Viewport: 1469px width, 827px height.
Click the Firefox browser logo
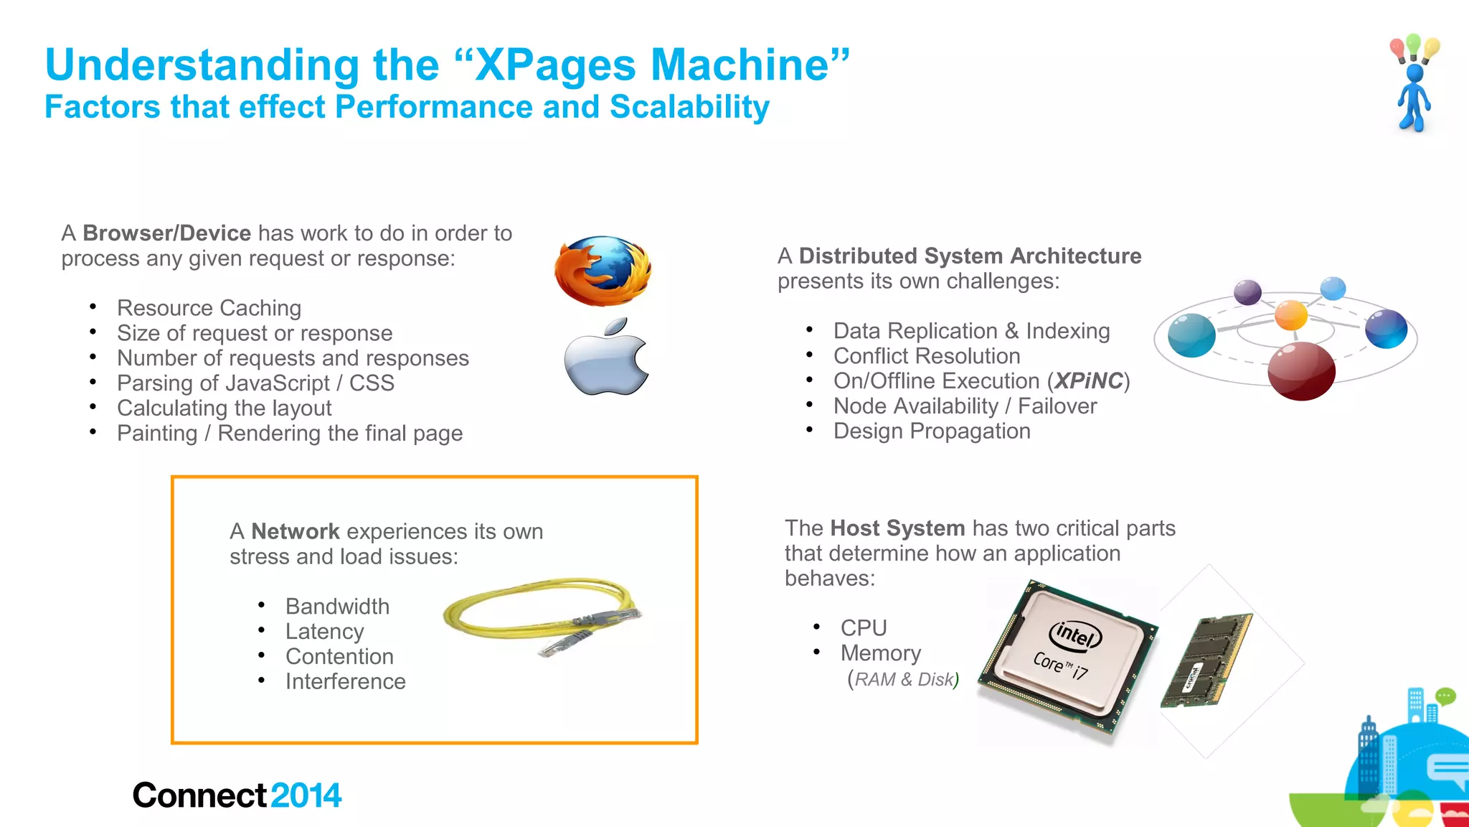[603, 271]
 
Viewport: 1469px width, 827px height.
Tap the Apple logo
[606, 358]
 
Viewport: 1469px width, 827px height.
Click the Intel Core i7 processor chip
[1067, 655]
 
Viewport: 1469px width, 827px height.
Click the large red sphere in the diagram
[1301, 370]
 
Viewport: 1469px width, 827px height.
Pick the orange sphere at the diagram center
[1290, 314]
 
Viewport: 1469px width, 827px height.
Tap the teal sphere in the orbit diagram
[1191, 335]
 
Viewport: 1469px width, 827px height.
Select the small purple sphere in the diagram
[1247, 292]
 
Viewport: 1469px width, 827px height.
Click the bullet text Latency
[324, 632]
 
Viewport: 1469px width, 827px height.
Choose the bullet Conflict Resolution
[927, 356]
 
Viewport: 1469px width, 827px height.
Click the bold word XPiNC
[1088, 381]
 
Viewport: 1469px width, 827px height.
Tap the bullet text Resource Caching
[209, 308]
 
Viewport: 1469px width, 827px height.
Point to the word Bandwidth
[337, 607]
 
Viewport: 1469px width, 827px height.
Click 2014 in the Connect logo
[306, 795]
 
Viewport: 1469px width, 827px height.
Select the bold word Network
[295, 531]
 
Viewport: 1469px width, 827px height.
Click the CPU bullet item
[864, 628]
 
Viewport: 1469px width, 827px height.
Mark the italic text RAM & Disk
[904, 679]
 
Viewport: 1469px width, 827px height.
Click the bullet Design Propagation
[932, 431]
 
